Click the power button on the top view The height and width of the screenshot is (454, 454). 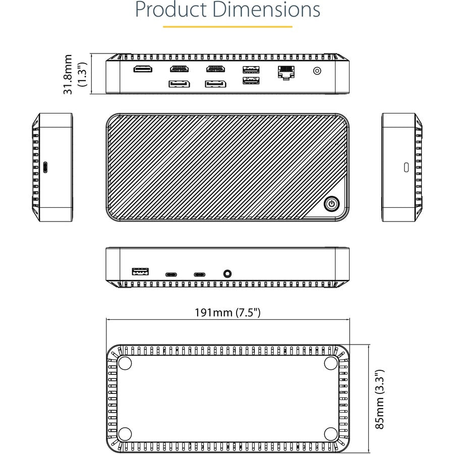tap(331, 204)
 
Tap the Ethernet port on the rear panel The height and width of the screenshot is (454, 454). tap(286, 72)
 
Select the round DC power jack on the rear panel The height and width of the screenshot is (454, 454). tap(317, 71)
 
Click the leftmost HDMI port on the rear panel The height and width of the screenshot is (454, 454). tap(143, 69)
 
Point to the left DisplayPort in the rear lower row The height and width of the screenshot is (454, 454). tap(179, 84)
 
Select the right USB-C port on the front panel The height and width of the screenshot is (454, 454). tap(200, 275)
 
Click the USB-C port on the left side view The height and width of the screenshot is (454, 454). tap(46, 167)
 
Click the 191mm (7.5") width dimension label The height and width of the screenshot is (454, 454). tap(228, 313)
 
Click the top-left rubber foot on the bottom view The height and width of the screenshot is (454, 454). tap(124, 363)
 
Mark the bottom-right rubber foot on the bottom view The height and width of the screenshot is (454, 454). tap(330, 433)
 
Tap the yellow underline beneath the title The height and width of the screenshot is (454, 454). tap(228, 27)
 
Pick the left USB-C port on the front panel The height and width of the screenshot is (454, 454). tap(172, 275)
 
